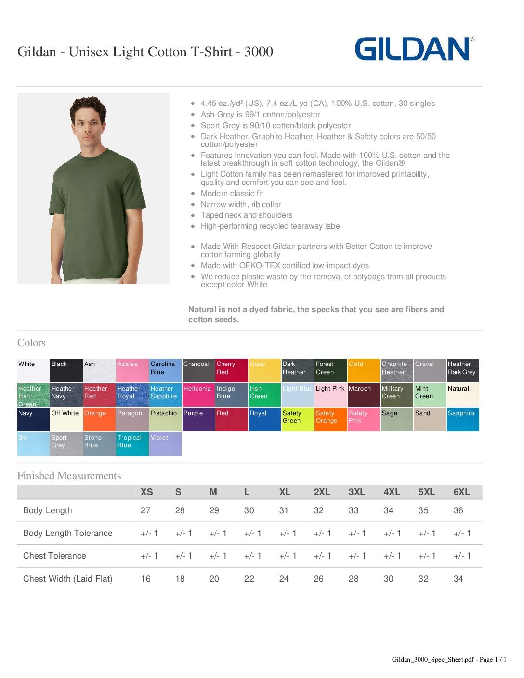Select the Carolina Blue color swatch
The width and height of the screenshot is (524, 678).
[165, 371]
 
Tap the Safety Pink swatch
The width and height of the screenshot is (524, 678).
[364, 419]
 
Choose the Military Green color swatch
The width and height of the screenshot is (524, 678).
[397, 395]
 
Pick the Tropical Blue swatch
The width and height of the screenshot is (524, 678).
[132, 444]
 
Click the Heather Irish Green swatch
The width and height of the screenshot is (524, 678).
[33, 395]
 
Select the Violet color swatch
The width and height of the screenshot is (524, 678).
[165, 444]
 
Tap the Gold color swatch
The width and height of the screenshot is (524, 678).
[364, 371]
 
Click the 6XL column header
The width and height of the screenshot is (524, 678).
[461, 492]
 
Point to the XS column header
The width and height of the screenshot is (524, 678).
[146, 492]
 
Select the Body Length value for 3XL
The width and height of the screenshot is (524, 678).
[354, 510]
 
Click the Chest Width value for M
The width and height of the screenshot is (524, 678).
[214, 579]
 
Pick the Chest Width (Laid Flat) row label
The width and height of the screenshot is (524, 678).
[68, 579]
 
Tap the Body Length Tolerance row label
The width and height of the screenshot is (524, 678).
[68, 533]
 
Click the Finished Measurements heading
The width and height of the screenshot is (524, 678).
[69, 476]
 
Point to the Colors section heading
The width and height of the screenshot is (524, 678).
[31, 343]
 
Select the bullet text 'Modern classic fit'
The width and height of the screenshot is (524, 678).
[232, 194]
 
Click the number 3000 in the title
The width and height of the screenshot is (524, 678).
[259, 52]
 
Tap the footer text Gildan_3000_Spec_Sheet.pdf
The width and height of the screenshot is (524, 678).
[432, 660]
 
